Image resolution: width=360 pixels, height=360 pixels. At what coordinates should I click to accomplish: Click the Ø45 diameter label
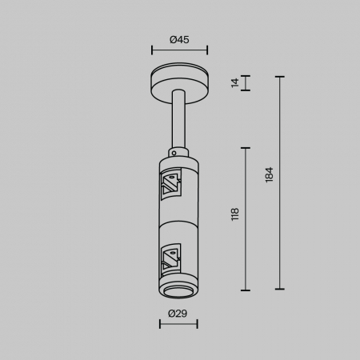coord(179,40)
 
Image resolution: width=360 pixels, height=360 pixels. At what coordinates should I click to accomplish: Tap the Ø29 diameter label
coord(178,313)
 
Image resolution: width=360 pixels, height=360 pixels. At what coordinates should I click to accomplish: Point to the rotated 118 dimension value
coord(235,214)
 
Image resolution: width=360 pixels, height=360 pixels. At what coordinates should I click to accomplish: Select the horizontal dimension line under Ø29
coord(178,324)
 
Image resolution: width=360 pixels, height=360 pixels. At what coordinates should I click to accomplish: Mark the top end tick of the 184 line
coord(280,77)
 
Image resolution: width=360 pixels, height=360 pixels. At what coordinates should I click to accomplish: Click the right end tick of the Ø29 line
coord(197,324)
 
